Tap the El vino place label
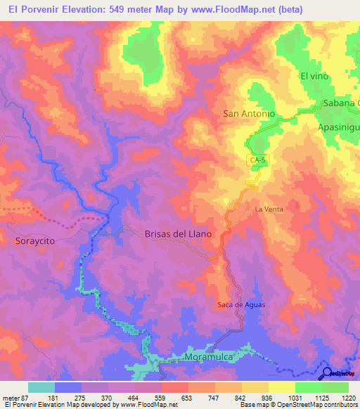315,75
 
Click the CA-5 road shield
257,161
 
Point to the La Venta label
269,209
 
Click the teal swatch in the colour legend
41,387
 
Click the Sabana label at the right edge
341,103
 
